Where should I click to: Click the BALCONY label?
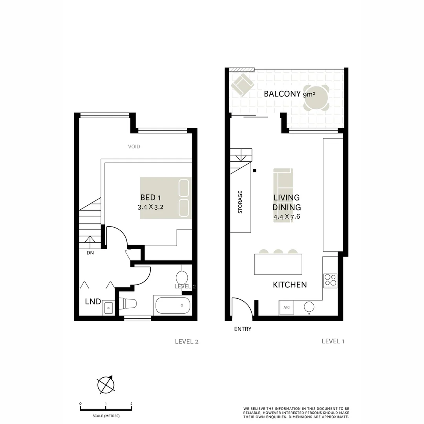point(283,94)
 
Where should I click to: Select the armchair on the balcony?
point(242,85)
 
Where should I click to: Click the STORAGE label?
point(240,202)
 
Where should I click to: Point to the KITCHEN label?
point(290,285)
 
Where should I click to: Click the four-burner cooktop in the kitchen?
point(330,280)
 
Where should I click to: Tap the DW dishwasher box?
point(286,307)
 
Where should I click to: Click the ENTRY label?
point(242,329)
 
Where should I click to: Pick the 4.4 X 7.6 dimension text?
point(287,216)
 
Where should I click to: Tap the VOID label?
point(134,147)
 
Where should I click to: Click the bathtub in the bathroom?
point(173,305)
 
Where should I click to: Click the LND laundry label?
point(93,302)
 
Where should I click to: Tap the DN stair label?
point(90,253)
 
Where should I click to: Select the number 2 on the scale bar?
point(131,404)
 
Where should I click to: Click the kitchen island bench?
point(278,264)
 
